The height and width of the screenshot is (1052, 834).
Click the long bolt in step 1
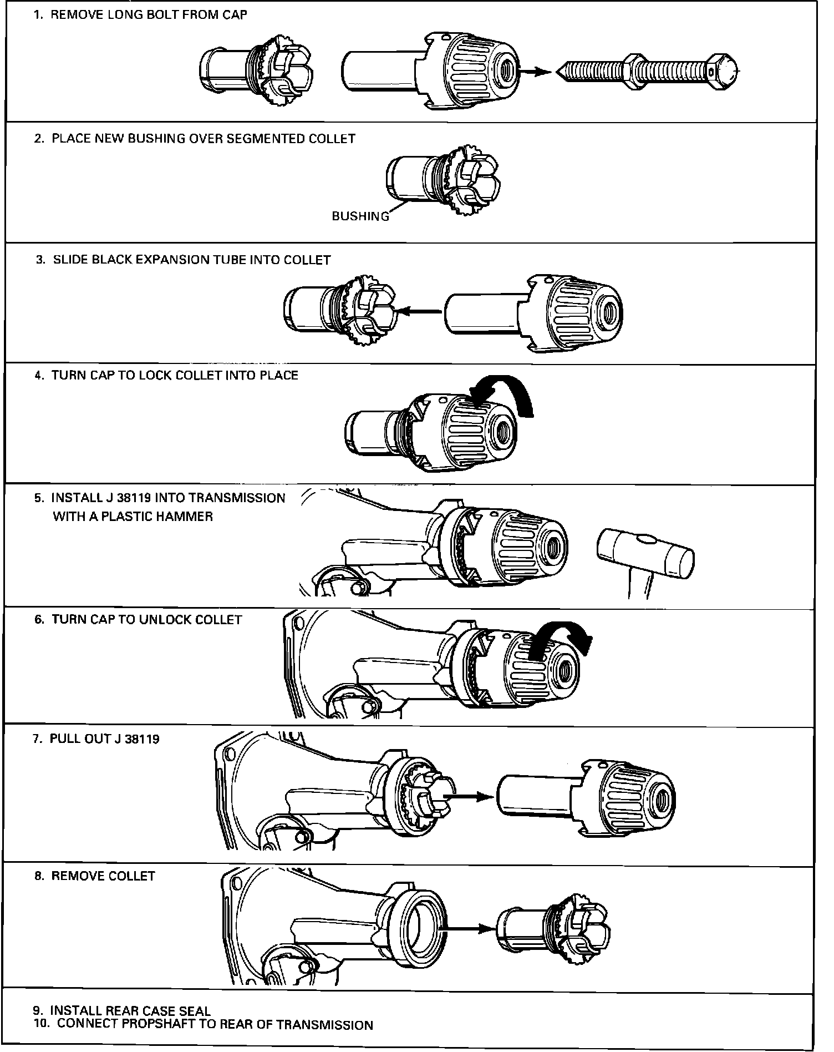pos(646,72)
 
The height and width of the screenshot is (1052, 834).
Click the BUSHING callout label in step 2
pos(360,217)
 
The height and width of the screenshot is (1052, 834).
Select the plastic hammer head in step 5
pos(645,553)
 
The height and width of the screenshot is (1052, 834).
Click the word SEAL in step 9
pos(195,1011)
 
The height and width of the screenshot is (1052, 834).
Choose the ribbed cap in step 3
pos(582,311)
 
